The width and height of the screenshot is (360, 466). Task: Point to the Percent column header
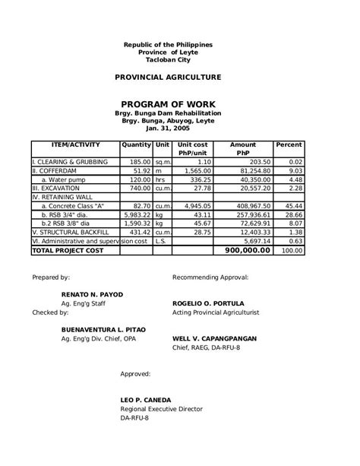pos(289,144)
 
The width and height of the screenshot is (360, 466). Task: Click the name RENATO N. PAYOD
pos(92,294)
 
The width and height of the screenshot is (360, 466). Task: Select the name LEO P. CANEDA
pos(146,400)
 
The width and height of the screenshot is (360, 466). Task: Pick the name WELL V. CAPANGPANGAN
pos(214,338)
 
